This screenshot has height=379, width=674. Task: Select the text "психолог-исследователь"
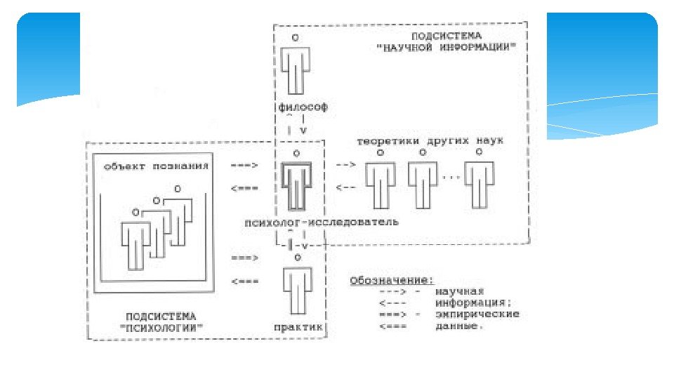321,222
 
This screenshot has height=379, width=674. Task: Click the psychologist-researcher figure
296,185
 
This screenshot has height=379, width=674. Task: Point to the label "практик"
298,327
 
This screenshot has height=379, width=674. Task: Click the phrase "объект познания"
157,166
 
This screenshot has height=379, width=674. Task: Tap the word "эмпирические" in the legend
477,314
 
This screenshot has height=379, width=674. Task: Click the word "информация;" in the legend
474,302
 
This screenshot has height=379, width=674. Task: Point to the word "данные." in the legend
460,325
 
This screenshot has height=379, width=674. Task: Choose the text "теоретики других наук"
430,141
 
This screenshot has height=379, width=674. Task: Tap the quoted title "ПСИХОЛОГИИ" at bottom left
161,327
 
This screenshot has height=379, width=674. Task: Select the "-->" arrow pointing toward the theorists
345,165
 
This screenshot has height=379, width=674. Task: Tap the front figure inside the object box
136,241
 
